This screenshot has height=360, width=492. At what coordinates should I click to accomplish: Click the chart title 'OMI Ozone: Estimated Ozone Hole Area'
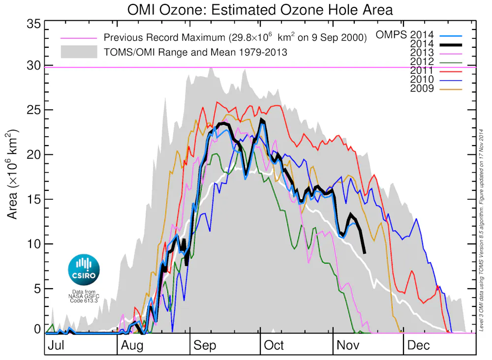click(x=260, y=9)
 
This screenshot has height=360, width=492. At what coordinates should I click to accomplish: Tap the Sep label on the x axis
click(x=204, y=345)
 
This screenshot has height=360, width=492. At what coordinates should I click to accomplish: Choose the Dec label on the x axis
click(x=418, y=345)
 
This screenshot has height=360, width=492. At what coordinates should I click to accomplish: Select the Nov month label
click(x=347, y=345)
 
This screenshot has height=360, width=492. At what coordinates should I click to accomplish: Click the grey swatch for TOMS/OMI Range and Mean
click(x=79, y=51)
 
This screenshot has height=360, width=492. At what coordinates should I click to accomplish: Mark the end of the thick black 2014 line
click(x=364, y=252)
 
